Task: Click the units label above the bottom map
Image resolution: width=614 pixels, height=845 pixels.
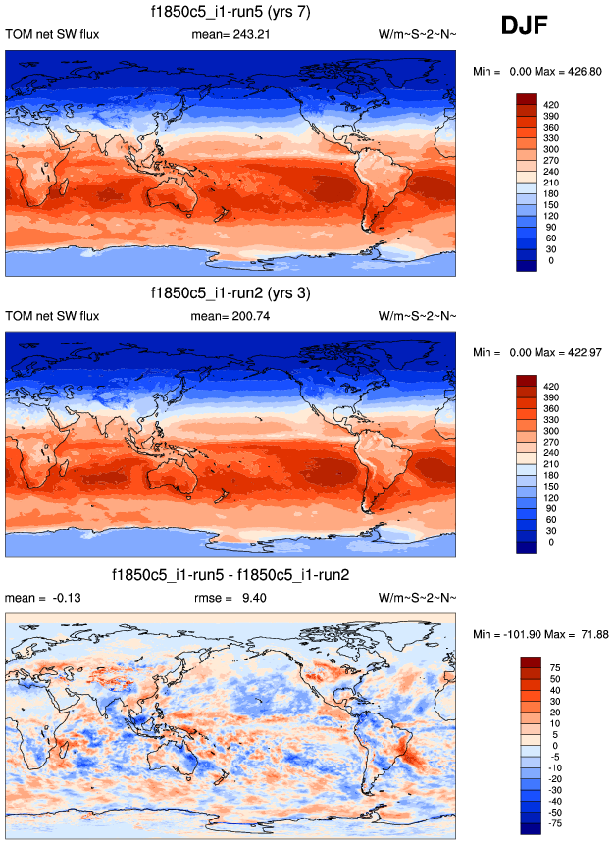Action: coord(417,598)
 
